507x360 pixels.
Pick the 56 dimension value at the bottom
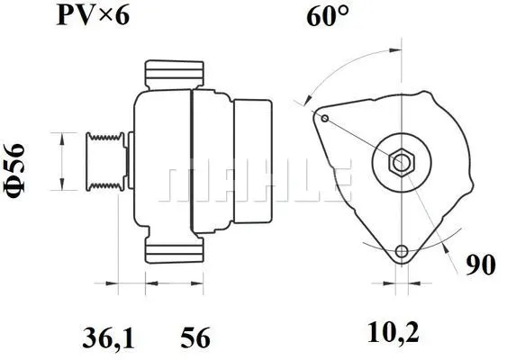coord(195,338)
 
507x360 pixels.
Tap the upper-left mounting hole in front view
coord(324,115)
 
